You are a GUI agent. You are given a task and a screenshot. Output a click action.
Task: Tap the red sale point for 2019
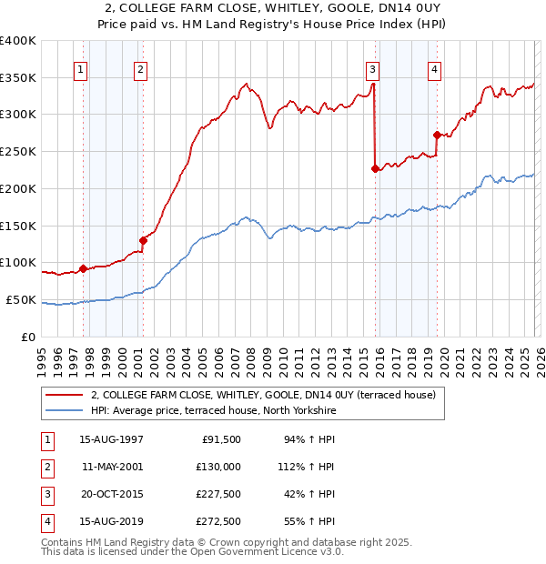click(437, 135)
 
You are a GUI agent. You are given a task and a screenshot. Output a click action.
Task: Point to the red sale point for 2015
click(376, 168)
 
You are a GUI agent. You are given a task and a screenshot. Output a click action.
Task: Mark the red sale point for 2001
click(143, 240)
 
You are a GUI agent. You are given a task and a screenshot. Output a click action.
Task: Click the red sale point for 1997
click(83, 268)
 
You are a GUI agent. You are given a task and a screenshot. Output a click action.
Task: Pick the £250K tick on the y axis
click(18, 151)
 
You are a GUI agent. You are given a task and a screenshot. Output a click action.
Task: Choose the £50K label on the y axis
click(21, 299)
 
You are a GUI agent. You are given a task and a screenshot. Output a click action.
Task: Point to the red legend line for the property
click(64, 395)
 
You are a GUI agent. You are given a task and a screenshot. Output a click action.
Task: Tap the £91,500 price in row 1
click(221, 439)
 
